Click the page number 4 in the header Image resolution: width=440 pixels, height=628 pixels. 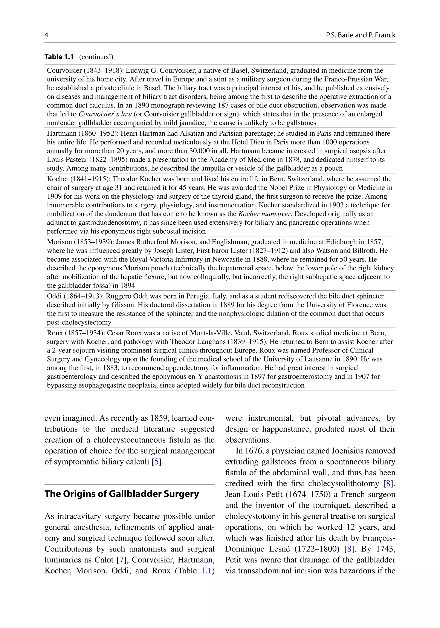pyautogui.click(x=46, y=35)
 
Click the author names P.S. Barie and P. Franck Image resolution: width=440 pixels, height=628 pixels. pyautogui.click(x=361, y=35)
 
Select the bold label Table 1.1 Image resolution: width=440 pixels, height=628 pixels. pyautogui.click(x=59, y=57)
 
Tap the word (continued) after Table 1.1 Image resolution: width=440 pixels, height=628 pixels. pyautogui.click(x=96, y=57)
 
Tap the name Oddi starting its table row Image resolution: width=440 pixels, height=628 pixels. pyautogui.click(x=53, y=296)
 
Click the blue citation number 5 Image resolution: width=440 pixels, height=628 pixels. pyautogui.click(x=156, y=462)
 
